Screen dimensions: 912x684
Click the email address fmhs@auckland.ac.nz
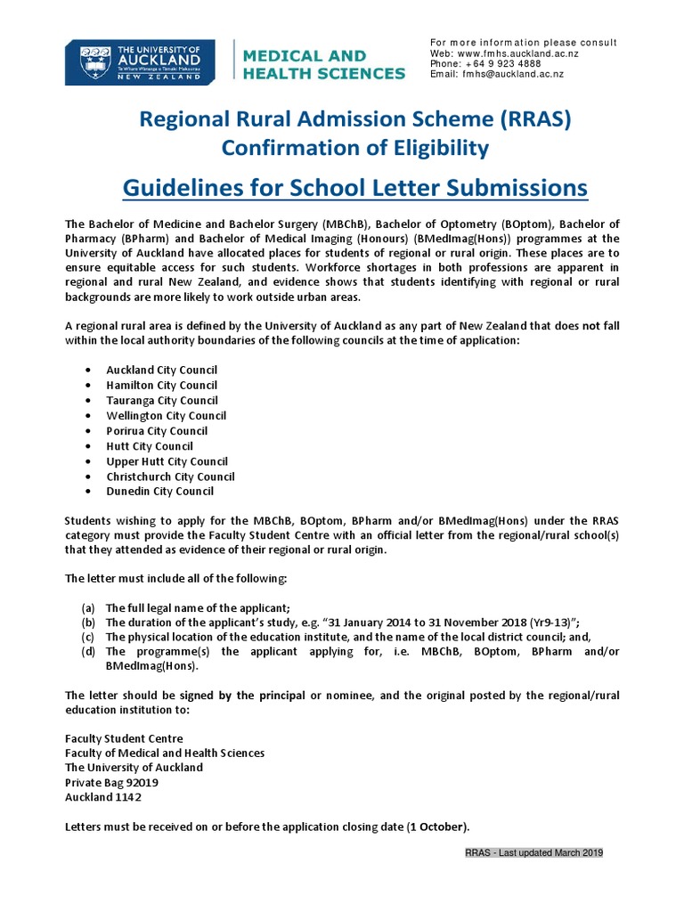pos(510,75)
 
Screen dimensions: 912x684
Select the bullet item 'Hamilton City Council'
pos(161,386)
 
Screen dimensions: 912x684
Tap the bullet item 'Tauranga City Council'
pos(161,401)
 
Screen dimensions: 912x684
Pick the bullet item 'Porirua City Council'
pos(157,431)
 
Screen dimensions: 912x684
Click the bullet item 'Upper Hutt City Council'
pos(167,461)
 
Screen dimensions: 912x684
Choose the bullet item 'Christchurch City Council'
pos(170,476)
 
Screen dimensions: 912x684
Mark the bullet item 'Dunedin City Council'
pos(159,492)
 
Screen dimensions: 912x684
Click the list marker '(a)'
pos(87,607)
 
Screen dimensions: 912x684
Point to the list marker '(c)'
pos(87,637)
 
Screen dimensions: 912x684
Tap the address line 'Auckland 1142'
pos(102,797)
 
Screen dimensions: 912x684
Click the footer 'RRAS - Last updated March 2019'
pos(534,853)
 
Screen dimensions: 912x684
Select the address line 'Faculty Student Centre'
pos(124,738)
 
